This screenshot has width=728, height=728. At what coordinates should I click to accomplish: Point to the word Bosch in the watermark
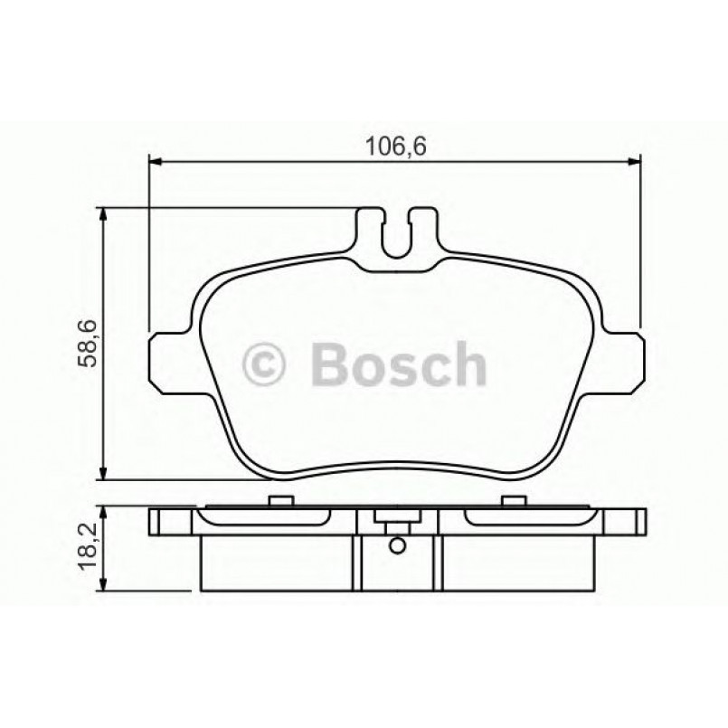[x=398, y=364]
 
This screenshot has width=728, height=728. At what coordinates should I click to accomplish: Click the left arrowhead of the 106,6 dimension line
[x=155, y=162]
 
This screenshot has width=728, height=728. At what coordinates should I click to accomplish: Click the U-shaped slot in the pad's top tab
[x=397, y=237]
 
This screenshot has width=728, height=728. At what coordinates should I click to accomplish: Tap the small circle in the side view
[x=395, y=546]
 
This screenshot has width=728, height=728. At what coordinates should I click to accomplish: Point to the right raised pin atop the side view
[x=512, y=501]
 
